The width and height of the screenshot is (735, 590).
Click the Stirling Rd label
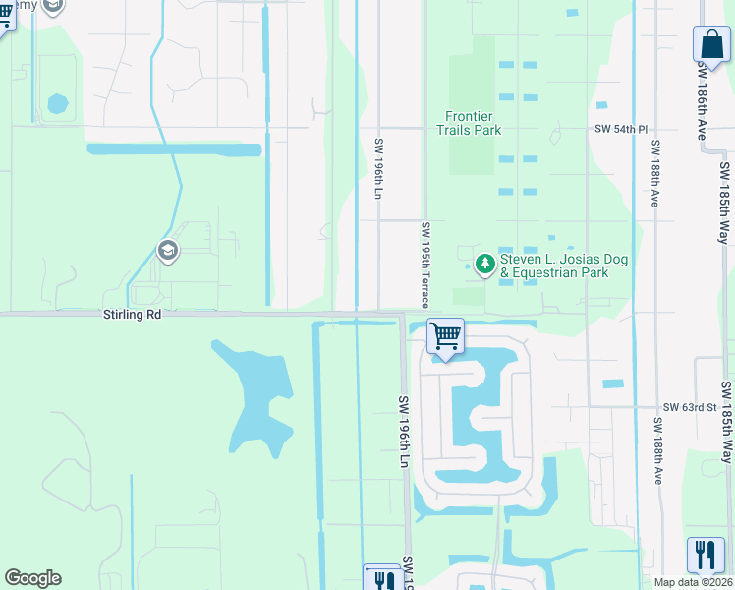[x=132, y=316]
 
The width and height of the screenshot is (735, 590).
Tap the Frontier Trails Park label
[x=469, y=123]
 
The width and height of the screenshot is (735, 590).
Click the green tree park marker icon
[x=484, y=264]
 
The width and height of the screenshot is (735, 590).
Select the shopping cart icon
[x=445, y=336]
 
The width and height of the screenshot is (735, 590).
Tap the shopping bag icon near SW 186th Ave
[x=710, y=43]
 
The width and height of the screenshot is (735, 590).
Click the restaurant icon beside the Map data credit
[x=705, y=554]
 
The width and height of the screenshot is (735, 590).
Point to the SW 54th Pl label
[x=621, y=129]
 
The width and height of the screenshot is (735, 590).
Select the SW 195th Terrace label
[x=425, y=265]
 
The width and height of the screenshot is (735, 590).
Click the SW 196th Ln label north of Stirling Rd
[x=377, y=167]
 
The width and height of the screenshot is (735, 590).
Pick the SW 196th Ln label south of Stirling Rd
[x=403, y=432]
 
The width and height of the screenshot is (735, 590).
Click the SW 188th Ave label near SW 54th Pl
[x=653, y=172]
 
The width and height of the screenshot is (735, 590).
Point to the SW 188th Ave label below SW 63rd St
[x=657, y=449]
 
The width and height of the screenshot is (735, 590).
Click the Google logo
[x=32, y=578]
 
